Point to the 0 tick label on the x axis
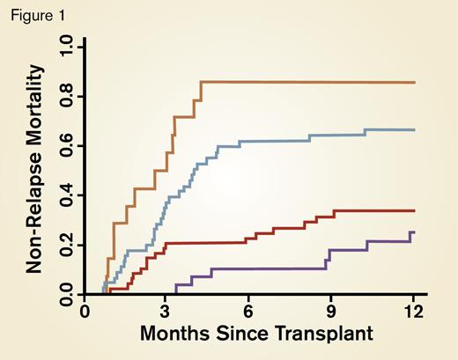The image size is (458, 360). point(85,311)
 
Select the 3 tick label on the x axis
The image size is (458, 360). point(166,311)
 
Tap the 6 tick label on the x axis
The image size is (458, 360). point(248,311)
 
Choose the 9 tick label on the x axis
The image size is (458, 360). point(330,311)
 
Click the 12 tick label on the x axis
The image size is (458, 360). point(411,311)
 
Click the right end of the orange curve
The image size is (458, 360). point(413,82)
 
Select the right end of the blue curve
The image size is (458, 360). point(413,130)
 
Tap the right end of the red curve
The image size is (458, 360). point(413,210)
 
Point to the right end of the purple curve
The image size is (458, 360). point(413,232)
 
